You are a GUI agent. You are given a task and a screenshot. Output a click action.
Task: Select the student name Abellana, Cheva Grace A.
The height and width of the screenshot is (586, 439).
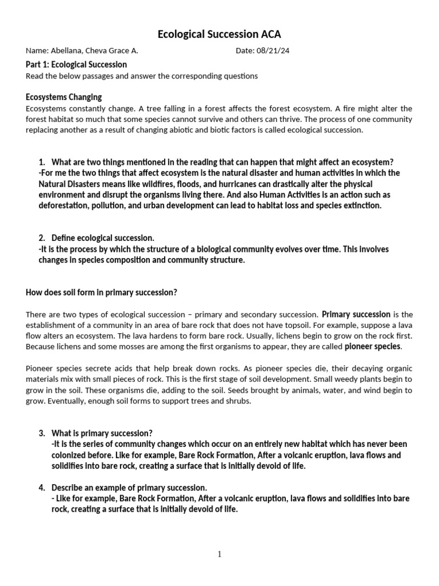[x=94, y=50]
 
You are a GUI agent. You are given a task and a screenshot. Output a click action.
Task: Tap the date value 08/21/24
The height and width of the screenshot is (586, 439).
[x=274, y=50]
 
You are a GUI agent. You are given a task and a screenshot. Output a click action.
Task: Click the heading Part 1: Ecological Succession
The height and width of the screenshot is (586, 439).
[x=76, y=64]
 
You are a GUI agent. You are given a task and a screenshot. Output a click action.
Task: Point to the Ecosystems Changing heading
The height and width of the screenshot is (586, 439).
[x=63, y=97]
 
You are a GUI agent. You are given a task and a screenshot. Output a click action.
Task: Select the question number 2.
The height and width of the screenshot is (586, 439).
[x=42, y=237]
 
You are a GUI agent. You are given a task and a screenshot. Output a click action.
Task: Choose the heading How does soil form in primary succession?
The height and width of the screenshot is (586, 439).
[x=101, y=292]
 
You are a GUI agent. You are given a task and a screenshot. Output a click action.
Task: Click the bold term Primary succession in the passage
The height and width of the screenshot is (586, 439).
[x=356, y=314]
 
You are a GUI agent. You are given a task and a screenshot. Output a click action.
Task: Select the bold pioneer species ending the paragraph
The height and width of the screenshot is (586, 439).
[x=373, y=347]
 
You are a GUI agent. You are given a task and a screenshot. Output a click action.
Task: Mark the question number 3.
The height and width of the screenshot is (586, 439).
[x=42, y=433]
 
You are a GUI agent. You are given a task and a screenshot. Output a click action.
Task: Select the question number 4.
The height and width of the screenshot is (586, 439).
[x=42, y=488]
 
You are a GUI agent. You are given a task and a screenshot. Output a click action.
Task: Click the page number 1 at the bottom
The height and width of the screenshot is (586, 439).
[x=219, y=554]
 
